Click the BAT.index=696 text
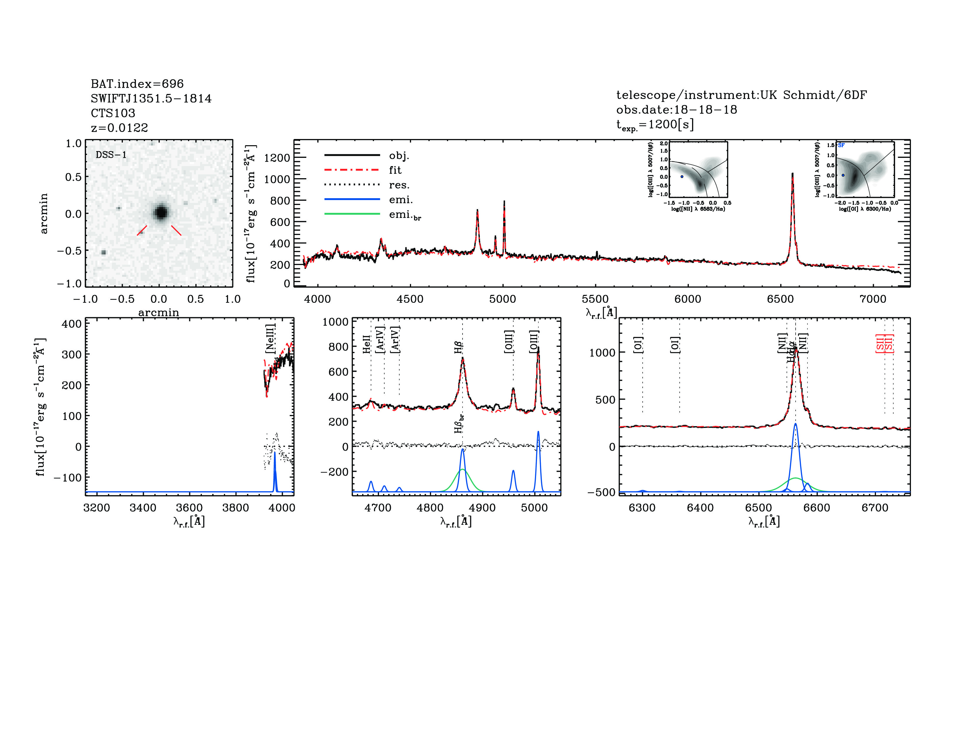137,84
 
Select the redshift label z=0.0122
119,128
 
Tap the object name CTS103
113,113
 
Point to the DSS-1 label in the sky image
111,155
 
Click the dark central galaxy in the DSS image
160,212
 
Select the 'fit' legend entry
395,170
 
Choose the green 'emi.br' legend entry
405,215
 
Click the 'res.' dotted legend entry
399,185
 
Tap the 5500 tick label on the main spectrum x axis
595,299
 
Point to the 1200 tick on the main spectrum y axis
277,158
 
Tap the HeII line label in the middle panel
366,344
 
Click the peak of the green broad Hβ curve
462,469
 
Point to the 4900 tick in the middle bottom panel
482,508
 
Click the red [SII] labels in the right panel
884,343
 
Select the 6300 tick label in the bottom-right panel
642,508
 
